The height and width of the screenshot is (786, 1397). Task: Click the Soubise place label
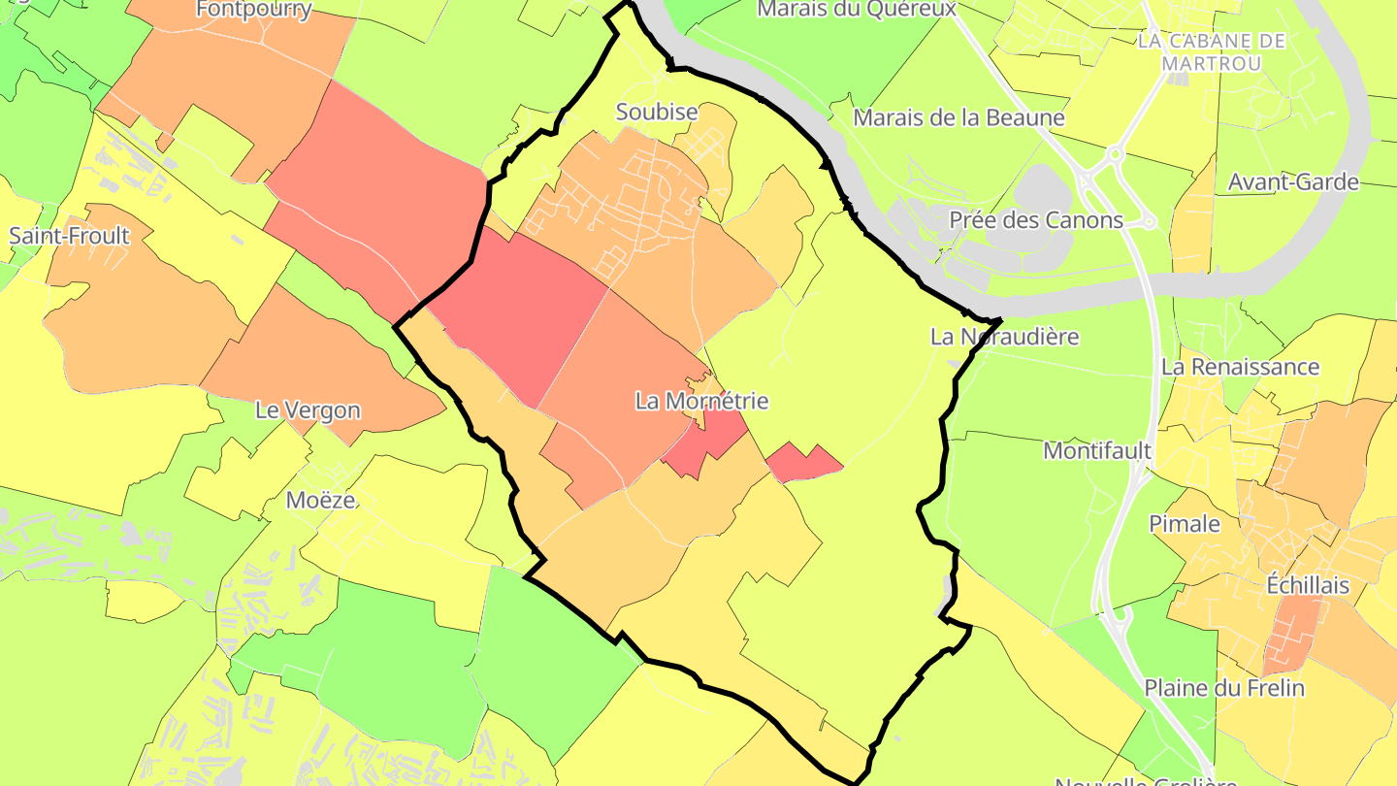coord(657,113)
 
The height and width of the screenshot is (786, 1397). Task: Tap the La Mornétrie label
coord(701,401)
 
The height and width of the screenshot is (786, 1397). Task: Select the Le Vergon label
coord(308,410)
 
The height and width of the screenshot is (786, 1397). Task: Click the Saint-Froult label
coord(69,236)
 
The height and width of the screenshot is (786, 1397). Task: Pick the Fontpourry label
coord(253,10)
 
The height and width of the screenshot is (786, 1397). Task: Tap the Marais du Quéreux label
coord(857,9)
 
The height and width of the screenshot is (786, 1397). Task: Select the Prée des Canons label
coord(1036,220)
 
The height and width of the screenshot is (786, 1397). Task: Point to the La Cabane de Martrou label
coord(1213,51)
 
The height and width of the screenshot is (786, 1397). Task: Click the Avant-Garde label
coord(1293,181)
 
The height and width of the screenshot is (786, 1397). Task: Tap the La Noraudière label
coord(1004,338)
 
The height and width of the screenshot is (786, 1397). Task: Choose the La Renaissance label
coord(1240,367)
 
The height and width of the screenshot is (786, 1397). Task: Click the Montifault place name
coord(1097,450)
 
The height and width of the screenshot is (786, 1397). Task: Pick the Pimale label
coord(1185,524)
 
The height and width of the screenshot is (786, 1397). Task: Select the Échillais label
coord(1308,585)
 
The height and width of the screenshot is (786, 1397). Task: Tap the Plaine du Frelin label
coord(1223,688)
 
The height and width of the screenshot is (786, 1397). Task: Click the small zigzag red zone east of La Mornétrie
coord(803,463)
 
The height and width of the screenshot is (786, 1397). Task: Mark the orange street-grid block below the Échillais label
coord(1291,636)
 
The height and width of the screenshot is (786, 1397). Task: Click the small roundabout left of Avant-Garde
coord(1115,153)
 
